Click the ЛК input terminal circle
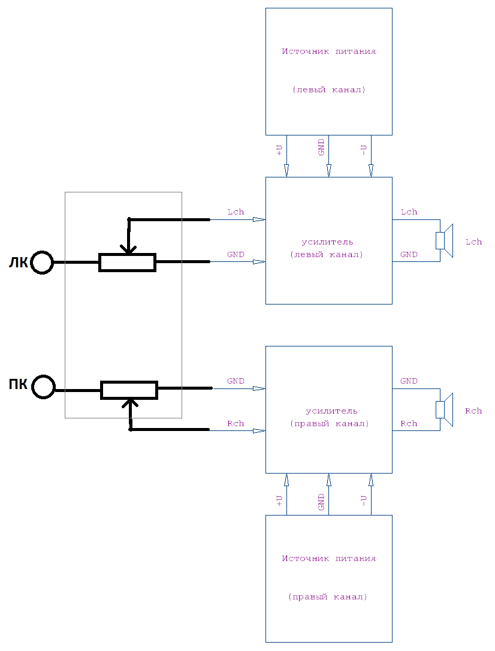43,263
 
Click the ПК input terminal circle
43,387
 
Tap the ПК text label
18,385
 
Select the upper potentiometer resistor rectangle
127,263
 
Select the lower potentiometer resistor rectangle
129,390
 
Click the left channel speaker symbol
445,241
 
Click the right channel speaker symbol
445,410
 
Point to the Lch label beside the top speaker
473,242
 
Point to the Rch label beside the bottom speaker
473,411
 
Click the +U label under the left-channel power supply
279,150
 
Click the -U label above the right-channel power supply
364,500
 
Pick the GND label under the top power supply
321,147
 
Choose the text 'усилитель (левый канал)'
327,248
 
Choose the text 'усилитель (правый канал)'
329,417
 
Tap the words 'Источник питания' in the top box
329,52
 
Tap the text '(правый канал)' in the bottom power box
327,598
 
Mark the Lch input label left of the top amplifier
236,212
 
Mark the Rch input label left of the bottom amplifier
236,424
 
